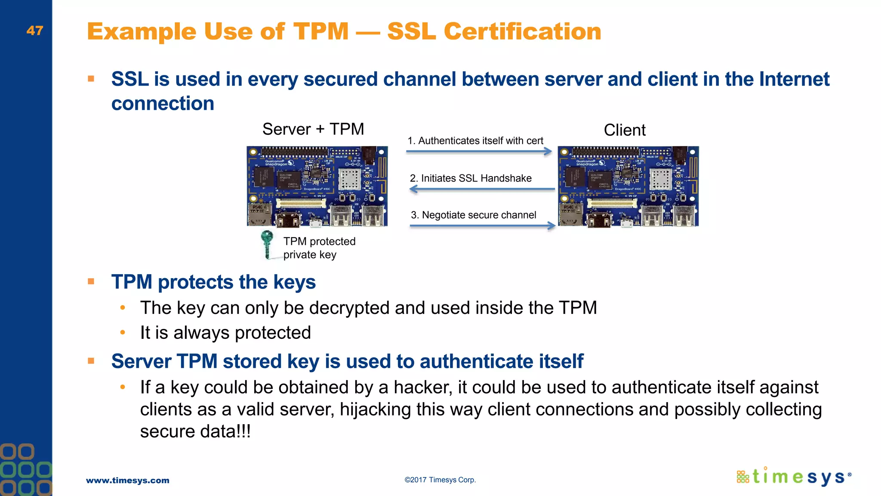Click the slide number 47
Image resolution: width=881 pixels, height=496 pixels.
click(34, 31)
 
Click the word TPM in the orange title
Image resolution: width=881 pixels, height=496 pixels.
click(321, 31)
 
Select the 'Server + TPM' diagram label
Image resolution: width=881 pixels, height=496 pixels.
click(313, 129)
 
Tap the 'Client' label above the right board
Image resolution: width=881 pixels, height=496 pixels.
click(625, 130)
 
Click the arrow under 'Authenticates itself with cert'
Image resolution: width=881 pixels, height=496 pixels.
click(478, 152)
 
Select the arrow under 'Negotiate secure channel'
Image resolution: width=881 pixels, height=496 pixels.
click(482, 226)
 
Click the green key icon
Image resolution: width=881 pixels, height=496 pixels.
click(267, 244)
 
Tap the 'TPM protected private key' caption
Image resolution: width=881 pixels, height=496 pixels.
click(319, 248)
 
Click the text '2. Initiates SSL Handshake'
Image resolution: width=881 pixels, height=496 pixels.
click(471, 178)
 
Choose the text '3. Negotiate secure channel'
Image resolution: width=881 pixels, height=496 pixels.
click(473, 215)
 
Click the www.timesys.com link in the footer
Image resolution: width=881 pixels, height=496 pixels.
click(128, 480)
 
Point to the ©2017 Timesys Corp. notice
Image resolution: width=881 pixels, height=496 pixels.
click(440, 480)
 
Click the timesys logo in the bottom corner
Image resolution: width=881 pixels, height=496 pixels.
click(794, 477)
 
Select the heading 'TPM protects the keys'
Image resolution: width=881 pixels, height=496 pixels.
click(213, 282)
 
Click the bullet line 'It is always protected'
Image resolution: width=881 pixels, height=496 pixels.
click(225, 333)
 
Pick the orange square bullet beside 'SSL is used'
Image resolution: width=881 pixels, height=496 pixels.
click(91, 79)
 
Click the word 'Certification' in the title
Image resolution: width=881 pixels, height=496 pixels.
click(522, 31)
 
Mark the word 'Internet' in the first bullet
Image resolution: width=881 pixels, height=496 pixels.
click(794, 79)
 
